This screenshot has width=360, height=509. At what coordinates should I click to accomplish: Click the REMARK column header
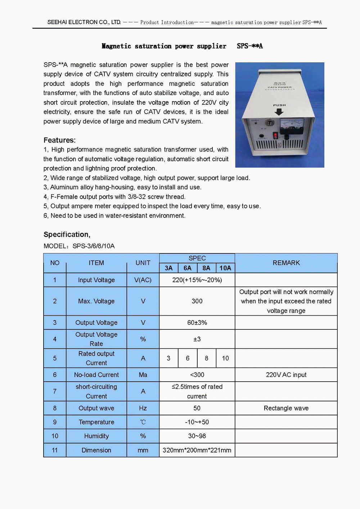pyautogui.click(x=286, y=263)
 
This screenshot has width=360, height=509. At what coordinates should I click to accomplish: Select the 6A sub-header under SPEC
pyautogui.click(x=187, y=268)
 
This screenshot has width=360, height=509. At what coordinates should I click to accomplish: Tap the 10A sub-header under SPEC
pyautogui.click(x=225, y=268)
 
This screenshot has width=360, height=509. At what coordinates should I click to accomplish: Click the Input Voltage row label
pyautogui.click(x=96, y=280)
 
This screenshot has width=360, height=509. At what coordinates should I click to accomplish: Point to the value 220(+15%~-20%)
pyautogui.click(x=197, y=280)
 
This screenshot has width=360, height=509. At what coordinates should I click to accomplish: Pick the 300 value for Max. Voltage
pyautogui.click(x=197, y=301)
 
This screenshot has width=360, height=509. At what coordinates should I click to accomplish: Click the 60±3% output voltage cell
pyautogui.click(x=197, y=323)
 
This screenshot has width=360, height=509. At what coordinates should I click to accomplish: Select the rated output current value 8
pyautogui.click(x=206, y=358)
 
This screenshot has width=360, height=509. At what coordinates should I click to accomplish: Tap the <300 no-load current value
pyautogui.click(x=197, y=375)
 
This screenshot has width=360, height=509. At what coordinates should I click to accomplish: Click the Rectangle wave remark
pyautogui.click(x=286, y=408)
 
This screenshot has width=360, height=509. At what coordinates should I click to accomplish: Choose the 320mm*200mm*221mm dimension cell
pyautogui.click(x=197, y=450)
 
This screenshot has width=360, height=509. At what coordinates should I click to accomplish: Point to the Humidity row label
pyautogui.click(x=96, y=436)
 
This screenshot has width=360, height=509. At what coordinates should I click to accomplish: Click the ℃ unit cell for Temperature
pyautogui.click(x=143, y=422)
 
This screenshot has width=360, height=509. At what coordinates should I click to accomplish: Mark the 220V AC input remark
pyautogui.click(x=286, y=375)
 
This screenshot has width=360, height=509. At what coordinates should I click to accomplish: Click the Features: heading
pyautogui.click(x=59, y=140)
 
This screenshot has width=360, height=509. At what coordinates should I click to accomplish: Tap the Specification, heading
pyautogui.click(x=67, y=234)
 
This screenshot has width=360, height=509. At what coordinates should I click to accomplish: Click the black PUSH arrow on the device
pyautogui.click(x=279, y=112)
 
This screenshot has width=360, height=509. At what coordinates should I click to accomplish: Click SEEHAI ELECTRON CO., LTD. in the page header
pyautogui.click(x=84, y=22)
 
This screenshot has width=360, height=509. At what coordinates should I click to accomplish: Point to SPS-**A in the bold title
pyautogui.click(x=250, y=46)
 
